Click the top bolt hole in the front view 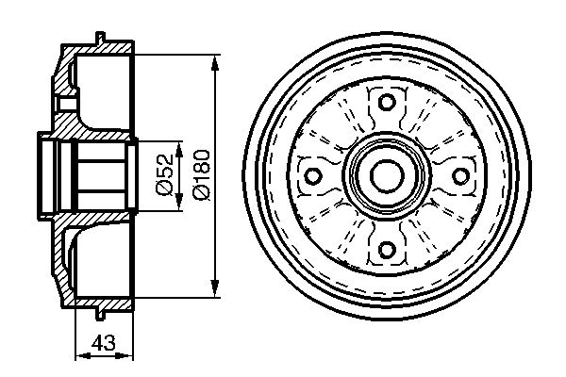(384, 102)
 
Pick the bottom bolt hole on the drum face (384, 251)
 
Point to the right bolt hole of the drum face (459, 176)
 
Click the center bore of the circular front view (384, 176)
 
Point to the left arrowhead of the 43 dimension (78, 356)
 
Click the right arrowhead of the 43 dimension (130, 356)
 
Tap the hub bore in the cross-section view (94, 175)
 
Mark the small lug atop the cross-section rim (98, 39)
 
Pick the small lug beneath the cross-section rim (98, 312)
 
